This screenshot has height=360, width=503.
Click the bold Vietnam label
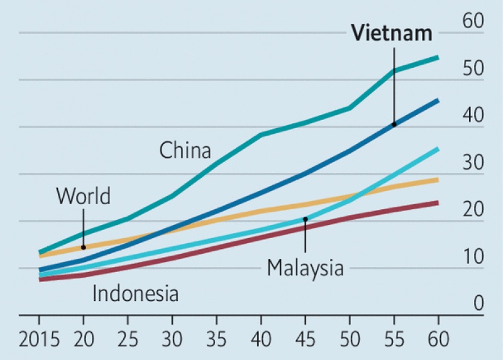(392, 33)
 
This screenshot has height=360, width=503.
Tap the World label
(83, 196)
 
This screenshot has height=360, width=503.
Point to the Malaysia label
(306, 268)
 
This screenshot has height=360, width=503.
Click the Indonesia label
(136, 293)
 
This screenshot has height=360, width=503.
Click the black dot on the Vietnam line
(394, 124)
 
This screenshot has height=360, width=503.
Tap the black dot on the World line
(83, 248)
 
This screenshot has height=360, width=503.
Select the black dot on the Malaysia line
(305, 219)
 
